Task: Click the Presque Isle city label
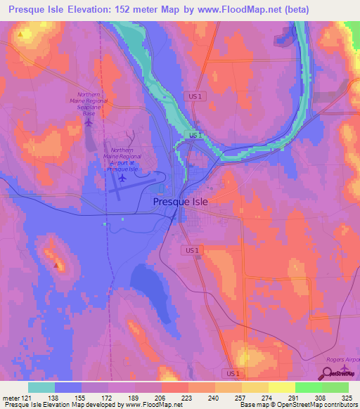181,202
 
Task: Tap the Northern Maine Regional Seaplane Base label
89,103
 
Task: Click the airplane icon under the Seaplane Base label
88,122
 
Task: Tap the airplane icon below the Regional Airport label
122,178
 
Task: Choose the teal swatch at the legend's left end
41,387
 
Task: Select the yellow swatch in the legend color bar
282,387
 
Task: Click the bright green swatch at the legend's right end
335,387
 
